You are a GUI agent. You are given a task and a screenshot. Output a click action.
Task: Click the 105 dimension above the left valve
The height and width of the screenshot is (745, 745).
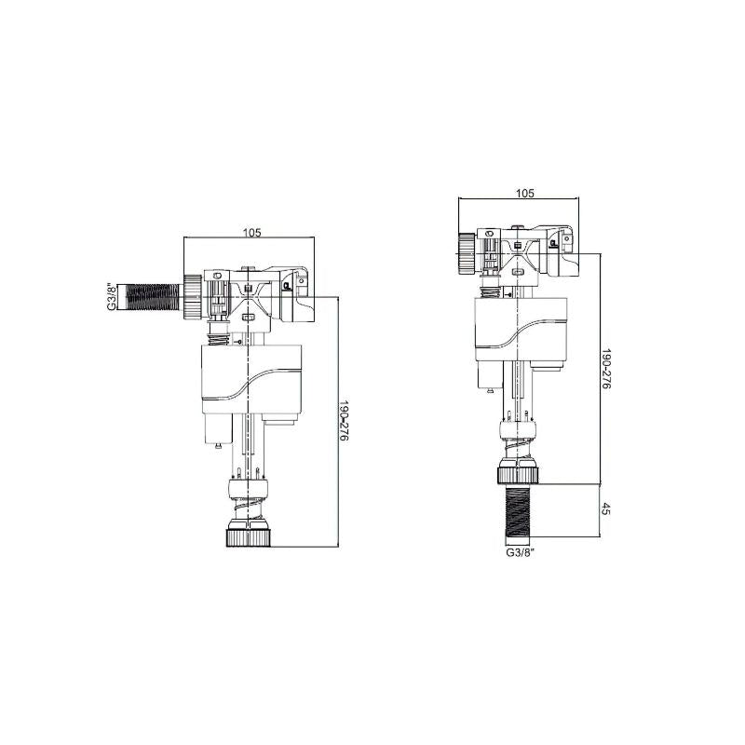[x=251, y=232]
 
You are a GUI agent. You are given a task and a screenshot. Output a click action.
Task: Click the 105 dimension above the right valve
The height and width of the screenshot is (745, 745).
[x=524, y=193]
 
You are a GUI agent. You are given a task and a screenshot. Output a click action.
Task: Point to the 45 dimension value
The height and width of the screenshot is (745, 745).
[x=606, y=510]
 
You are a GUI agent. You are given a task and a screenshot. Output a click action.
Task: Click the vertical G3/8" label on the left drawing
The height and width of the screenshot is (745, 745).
[x=110, y=295]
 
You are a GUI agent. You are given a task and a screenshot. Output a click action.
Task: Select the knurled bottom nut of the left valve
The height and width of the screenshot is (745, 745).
[x=248, y=537]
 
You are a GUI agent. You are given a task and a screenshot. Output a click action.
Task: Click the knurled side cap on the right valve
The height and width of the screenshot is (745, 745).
[x=466, y=250]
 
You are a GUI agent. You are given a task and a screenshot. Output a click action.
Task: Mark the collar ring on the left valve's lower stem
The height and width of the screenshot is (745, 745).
[x=248, y=485]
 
